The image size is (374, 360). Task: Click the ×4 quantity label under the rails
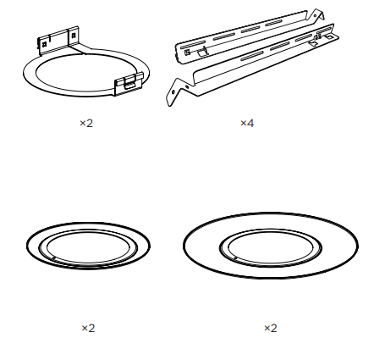pos(247,123)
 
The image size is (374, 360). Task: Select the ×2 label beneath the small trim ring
pos(88,327)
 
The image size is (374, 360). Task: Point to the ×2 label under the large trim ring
pos(271,327)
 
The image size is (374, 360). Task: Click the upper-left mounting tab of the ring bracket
pos(60,39)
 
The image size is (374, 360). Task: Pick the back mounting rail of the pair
pos(245,37)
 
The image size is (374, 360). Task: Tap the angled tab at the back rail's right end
pos(316,16)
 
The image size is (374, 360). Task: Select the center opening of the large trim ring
pos(269,246)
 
